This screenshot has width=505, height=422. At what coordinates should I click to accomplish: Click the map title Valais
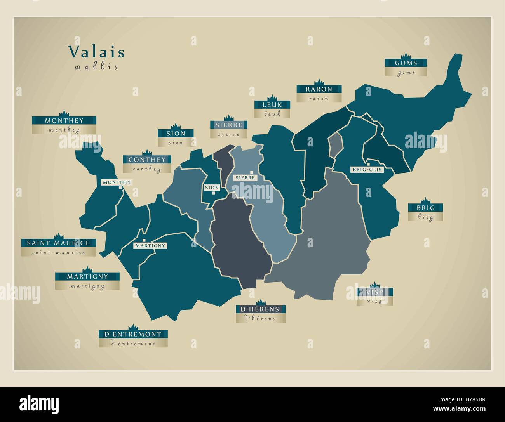[x=97, y=52]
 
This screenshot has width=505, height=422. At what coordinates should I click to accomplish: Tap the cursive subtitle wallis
[x=96, y=67]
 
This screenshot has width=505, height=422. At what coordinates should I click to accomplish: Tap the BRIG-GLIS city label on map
[x=367, y=170]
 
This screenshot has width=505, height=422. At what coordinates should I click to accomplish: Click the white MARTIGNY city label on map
[x=150, y=246]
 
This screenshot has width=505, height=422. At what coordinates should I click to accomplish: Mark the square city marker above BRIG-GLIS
[x=368, y=164]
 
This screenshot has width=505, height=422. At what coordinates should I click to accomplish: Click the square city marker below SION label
[x=213, y=193]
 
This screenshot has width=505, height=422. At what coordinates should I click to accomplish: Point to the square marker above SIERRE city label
[x=252, y=172]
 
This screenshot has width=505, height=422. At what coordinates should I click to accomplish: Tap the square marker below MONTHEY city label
[x=120, y=188]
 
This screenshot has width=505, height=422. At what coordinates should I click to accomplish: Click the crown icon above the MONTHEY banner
[x=64, y=113]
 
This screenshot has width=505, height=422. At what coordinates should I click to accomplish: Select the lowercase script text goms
[x=406, y=73]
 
